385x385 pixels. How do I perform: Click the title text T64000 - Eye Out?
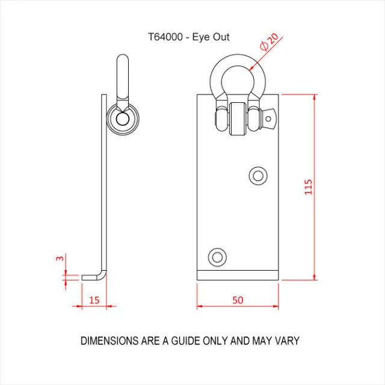coord(189,37)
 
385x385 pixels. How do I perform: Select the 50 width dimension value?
coord(238,299)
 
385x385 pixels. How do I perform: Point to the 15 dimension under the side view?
coord(94,299)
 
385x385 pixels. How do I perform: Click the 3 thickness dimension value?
coord(60,258)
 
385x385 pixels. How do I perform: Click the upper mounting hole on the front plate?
coord(259,175)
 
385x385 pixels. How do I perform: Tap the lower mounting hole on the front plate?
coord(217,257)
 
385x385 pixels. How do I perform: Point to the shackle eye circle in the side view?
coord(122,119)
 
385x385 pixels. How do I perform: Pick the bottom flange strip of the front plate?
coord(238,276)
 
